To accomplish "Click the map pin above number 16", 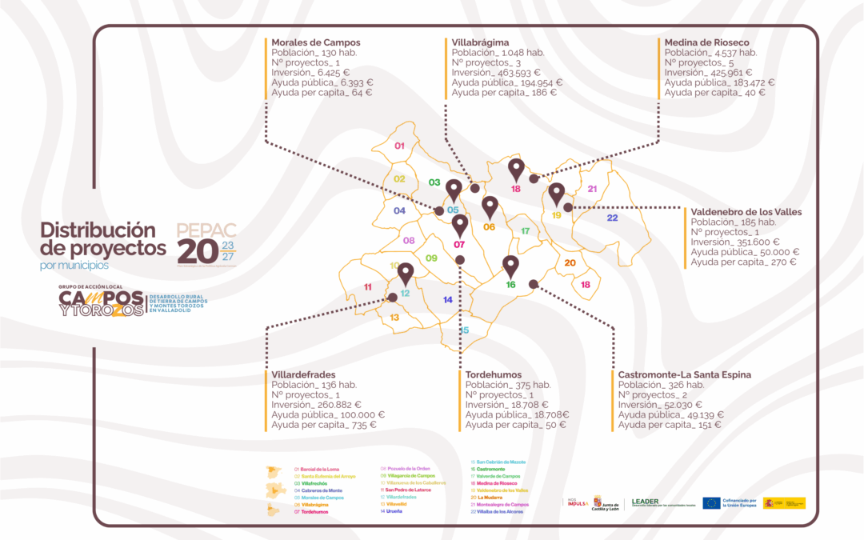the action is coord(510,265).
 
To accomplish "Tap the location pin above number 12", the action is coord(405,274).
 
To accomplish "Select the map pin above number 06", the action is coord(490,206).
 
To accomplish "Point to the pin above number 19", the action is coord(557,194).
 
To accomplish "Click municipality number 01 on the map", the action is coord(400,146).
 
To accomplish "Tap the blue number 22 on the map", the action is coord(612,218).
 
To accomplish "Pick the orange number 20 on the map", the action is coord(570,262).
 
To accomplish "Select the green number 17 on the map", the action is coord(526,230).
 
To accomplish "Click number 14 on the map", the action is coord(448,300).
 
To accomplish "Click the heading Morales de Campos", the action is coord(316,42).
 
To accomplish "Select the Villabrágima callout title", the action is coord(481,42).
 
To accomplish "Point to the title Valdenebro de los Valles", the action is coord(746,212).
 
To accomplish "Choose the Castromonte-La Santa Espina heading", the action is coord(684,374).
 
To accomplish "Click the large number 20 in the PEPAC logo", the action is coord(197,250).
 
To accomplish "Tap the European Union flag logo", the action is coord(711,502).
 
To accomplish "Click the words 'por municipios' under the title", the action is coord(74,265).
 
